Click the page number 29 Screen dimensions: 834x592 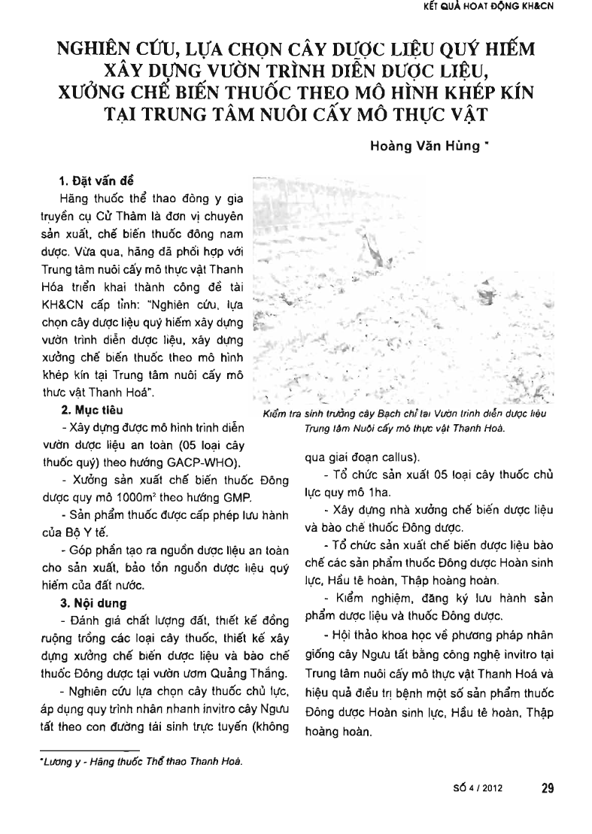[x=548, y=788]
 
